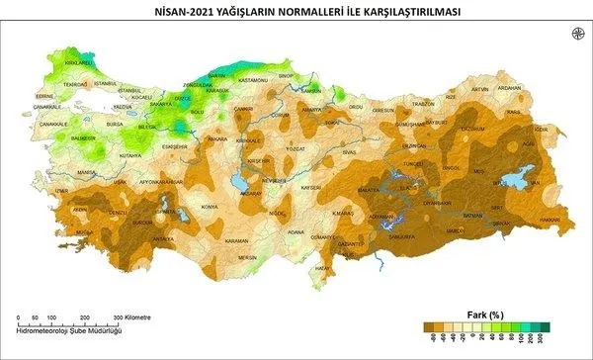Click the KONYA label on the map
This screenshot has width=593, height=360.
pyautogui.click(x=209, y=207)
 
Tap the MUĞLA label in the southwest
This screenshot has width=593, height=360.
pyautogui.click(x=82, y=233)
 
